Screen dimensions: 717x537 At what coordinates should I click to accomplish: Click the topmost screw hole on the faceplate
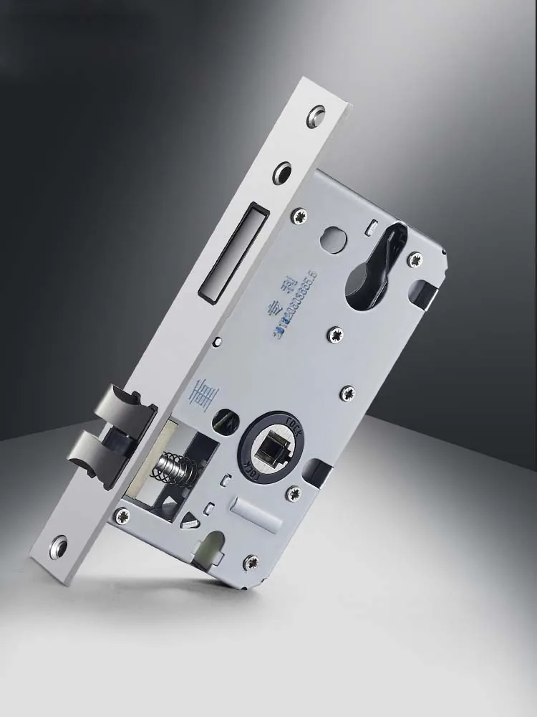[316, 116]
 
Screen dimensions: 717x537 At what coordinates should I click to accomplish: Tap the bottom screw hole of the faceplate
[58, 546]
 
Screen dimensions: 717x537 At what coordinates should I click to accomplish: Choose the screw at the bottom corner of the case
[251, 562]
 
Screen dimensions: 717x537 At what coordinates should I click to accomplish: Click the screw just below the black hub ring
[293, 493]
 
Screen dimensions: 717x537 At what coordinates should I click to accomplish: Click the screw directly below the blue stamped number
[334, 333]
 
